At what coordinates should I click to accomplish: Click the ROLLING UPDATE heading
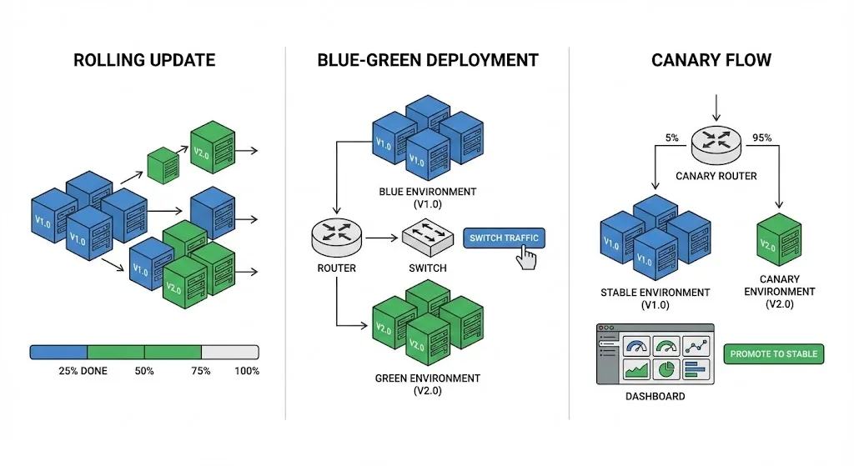[144, 60]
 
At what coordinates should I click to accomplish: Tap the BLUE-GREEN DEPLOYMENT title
[428, 60]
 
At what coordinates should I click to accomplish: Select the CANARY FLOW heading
[711, 60]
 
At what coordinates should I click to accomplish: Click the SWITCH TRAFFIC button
[504, 238]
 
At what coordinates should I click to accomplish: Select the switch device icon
[427, 238]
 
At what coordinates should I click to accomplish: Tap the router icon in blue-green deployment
[337, 238]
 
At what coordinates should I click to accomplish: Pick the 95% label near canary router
[761, 138]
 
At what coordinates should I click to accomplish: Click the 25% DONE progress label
[83, 371]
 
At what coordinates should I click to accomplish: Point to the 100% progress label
[247, 371]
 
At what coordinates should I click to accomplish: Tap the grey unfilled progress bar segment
[230, 352]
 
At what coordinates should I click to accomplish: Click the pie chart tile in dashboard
[665, 368]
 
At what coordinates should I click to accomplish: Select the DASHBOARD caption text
[655, 397]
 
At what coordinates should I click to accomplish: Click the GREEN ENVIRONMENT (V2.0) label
[427, 384]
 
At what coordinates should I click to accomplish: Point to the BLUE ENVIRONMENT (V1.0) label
[428, 198]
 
